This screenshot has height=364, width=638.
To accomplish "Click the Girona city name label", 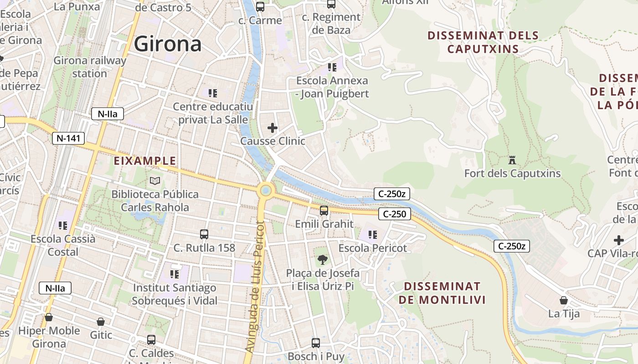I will tap(167, 44).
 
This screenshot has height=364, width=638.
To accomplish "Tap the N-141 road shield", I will tap(69, 138).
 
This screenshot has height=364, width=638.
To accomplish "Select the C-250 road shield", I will tap(394, 214).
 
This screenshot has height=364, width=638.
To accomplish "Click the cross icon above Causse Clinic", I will tap(273, 128).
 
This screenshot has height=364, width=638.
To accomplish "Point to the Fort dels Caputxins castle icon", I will tap(512, 160).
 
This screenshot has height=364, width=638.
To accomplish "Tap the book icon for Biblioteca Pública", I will tap(155, 181).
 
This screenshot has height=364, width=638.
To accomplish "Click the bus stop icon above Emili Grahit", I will tap(324, 211).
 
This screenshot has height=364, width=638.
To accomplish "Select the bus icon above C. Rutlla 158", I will tap(204, 234).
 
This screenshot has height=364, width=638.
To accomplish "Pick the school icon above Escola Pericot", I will tap(373, 235).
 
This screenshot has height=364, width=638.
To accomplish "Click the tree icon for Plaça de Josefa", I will tap(322, 260).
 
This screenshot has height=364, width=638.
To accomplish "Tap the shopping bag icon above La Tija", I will tap(564, 300).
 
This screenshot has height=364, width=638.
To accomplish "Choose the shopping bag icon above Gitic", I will tap(101, 322).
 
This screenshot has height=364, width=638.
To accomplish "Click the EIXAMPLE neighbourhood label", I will tap(144, 161).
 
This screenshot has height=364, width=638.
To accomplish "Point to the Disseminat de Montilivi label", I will tap(442, 293).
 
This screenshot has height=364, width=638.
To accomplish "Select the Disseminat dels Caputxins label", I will tap(483, 42).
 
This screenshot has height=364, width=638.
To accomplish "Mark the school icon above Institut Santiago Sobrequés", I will tap(174, 274).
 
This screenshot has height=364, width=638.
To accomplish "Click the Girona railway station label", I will tap(90, 67).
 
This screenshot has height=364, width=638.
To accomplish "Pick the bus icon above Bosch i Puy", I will tap(315, 343).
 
